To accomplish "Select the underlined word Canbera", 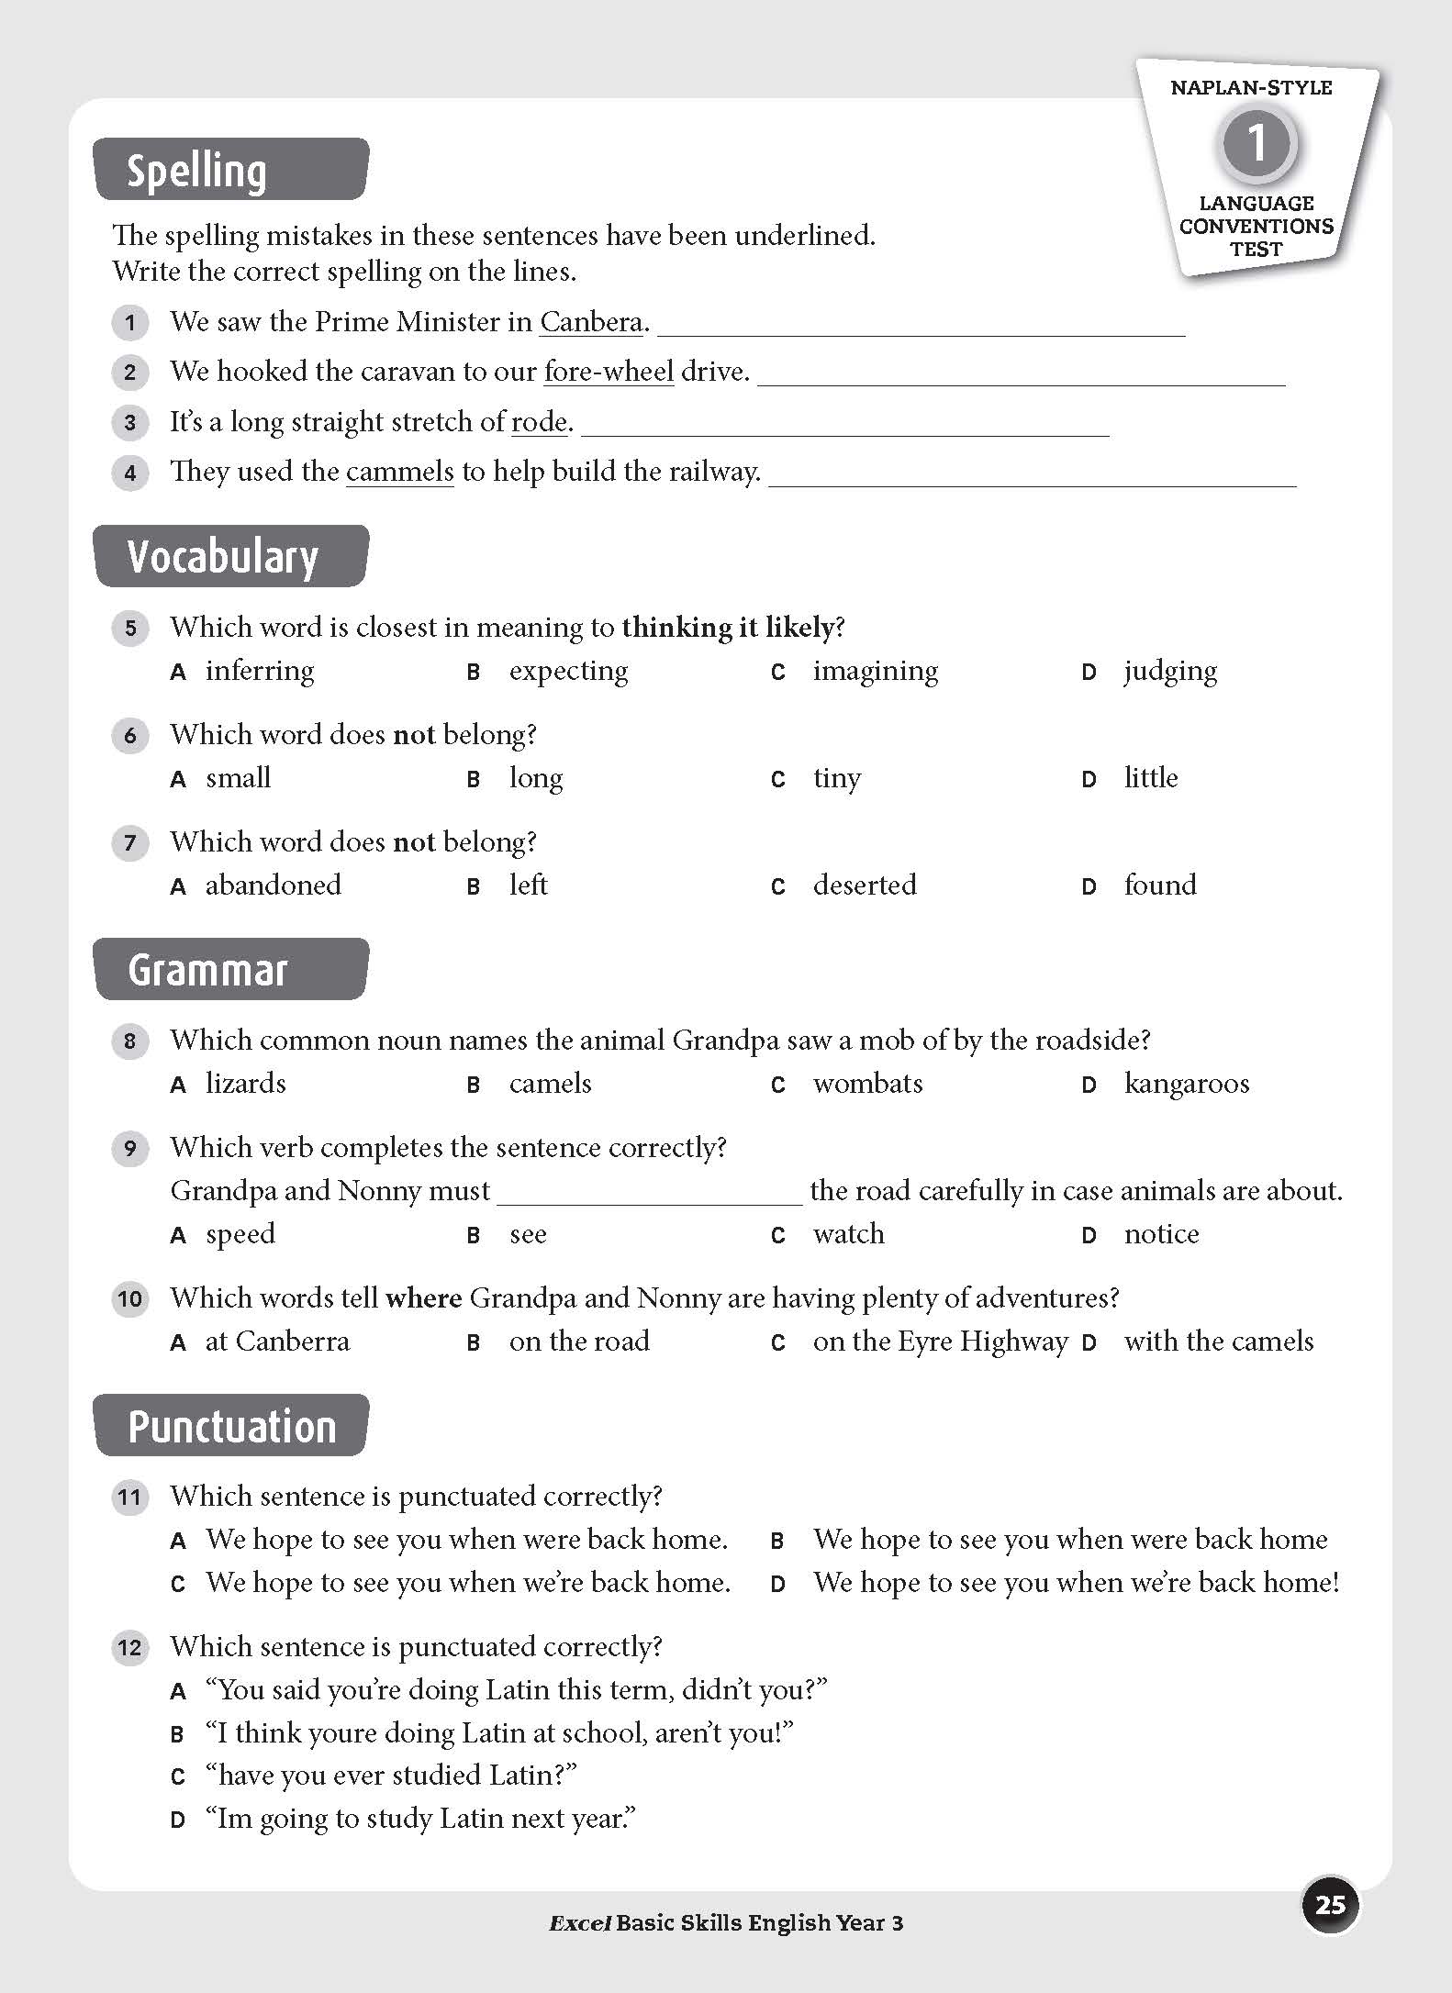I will tap(591, 322).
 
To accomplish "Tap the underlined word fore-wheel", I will tap(609, 372).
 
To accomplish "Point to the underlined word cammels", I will tap(399, 472).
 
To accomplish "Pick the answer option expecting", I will tap(568, 671).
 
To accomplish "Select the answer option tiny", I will tap(836, 778).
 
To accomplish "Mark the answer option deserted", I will tap(864, 885).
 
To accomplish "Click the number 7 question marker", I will tap(130, 842).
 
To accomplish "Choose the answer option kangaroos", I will tap(1186, 1084).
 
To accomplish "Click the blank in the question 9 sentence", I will tap(649, 1191).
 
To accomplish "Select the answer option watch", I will tap(848, 1234).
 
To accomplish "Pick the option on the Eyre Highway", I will tap(939, 1342).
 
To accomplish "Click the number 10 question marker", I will tap(130, 1298).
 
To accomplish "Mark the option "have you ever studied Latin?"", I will tap(391, 1775).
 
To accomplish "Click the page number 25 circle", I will tap(1330, 1905).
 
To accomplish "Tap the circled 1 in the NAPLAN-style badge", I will tap(1257, 143).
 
